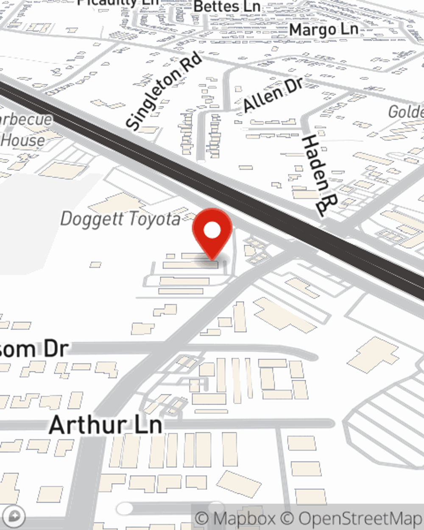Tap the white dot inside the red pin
click(x=212, y=231)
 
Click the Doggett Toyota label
click(x=120, y=219)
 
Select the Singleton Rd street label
click(x=165, y=91)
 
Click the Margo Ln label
click(x=324, y=30)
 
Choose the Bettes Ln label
click(x=227, y=7)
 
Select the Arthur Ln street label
click(x=106, y=425)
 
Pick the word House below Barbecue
click(x=23, y=140)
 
